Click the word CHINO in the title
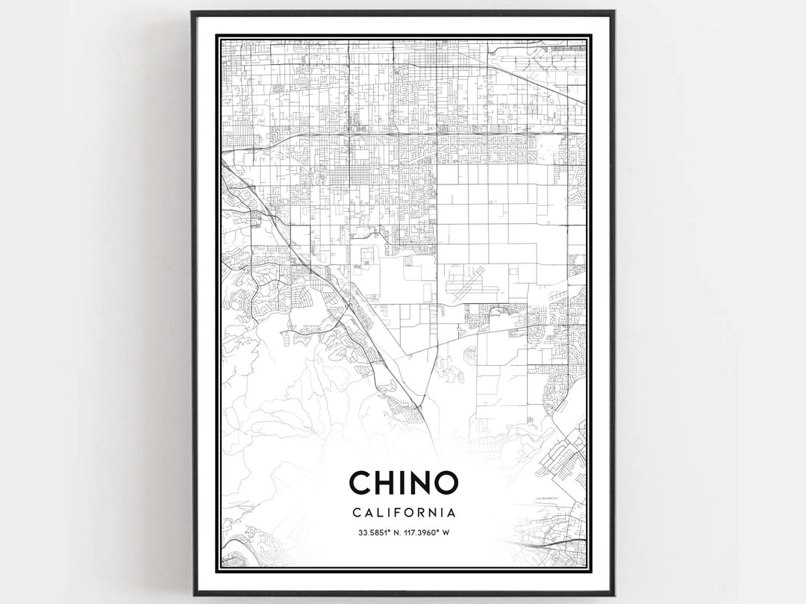403,482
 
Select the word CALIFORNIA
403,513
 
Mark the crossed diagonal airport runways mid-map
466,284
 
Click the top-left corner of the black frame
193,13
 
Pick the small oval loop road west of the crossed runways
410,264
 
